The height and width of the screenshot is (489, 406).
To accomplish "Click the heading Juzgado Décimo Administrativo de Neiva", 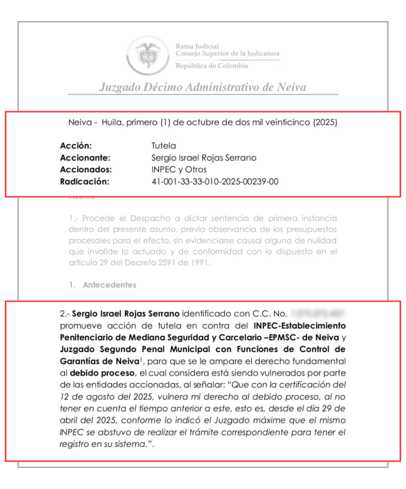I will [x=202, y=87].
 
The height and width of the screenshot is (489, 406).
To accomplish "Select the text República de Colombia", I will [x=212, y=65].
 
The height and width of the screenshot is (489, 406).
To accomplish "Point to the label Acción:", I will [x=76, y=146].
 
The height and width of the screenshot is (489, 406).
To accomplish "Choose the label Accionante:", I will [x=85, y=157].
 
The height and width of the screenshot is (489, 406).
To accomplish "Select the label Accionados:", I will [x=86, y=169].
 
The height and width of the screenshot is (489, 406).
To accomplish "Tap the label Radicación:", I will [x=85, y=181].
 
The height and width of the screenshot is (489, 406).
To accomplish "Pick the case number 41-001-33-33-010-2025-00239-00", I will [x=214, y=181].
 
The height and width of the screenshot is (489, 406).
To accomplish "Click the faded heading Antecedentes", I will [x=110, y=285].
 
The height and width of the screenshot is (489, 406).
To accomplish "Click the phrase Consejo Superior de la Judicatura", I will [x=228, y=53].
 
